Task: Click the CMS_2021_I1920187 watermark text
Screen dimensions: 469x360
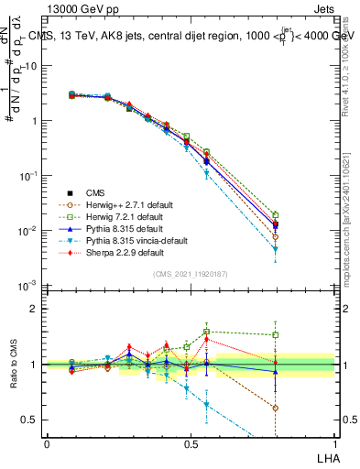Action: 190,274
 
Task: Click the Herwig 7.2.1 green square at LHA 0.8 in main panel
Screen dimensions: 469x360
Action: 275,215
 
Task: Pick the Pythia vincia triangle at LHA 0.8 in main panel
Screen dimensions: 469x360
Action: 275,249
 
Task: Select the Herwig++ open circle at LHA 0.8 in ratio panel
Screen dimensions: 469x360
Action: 275,408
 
